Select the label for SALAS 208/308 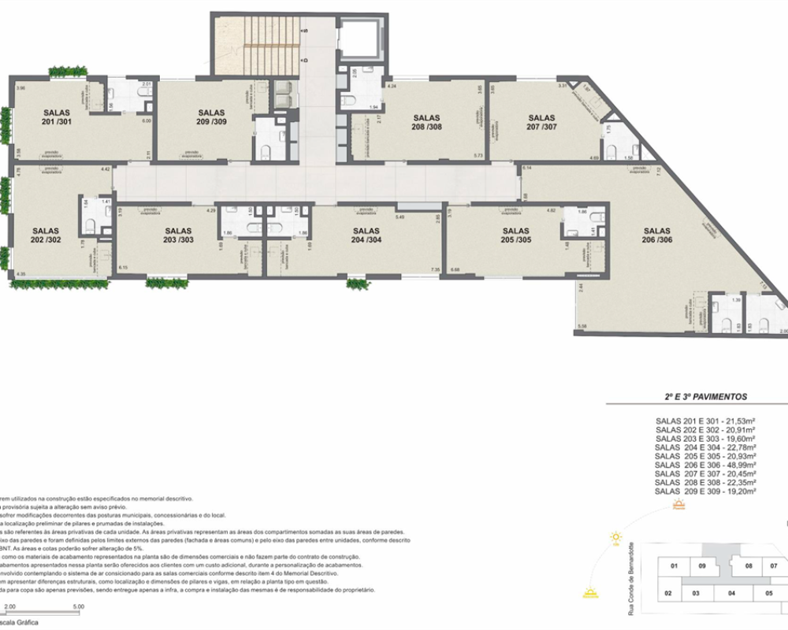(x=426, y=121)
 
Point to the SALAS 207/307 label (x=542, y=121)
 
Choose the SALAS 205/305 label (x=517, y=235)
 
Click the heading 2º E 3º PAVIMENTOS (x=705, y=398)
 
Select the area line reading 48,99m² (x=705, y=466)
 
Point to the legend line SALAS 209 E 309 (x=705, y=491)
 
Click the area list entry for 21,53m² (x=705, y=423)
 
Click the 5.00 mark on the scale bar (x=77, y=606)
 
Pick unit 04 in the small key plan (x=731, y=593)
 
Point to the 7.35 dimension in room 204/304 (x=435, y=269)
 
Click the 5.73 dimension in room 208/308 (x=478, y=156)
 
